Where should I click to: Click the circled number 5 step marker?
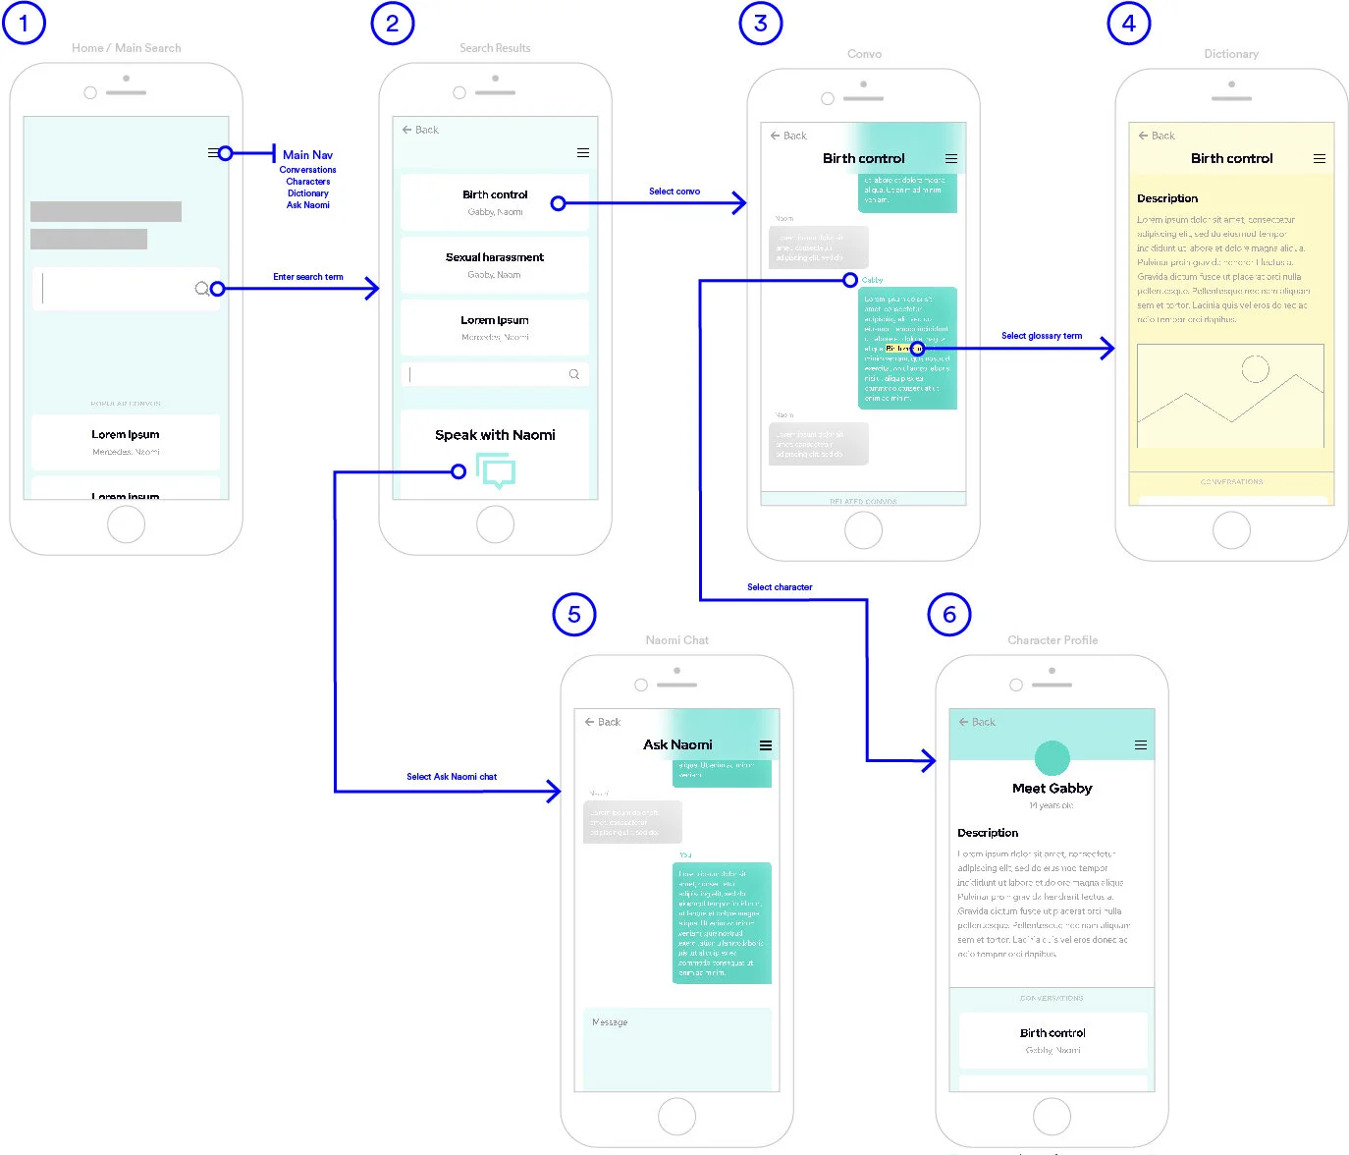coord(574,615)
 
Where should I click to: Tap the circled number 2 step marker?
coord(393,24)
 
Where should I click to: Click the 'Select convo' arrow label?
coord(674,192)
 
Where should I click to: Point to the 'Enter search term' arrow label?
coord(308,277)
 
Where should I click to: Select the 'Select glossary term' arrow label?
coord(1042,336)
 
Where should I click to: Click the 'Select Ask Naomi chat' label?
coord(452,777)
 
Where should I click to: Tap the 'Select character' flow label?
coord(780,587)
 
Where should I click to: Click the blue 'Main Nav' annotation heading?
coord(307,155)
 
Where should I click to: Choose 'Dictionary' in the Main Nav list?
coord(307,193)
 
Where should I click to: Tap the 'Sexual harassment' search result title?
coord(495,257)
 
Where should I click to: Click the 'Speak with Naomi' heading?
coord(495,435)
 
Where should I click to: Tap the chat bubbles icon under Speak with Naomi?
coord(496,470)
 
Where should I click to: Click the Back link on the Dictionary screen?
coord(1157,136)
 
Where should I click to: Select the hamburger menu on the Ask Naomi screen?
coord(766,745)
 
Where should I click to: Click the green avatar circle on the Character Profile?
coord(1052,757)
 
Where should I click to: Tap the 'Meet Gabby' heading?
coord(1052,789)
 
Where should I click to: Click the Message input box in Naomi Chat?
coord(677,1047)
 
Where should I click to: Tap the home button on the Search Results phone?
coord(495,524)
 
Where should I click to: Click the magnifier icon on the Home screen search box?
coord(201,289)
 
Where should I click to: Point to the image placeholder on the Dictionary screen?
coord(1230,396)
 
